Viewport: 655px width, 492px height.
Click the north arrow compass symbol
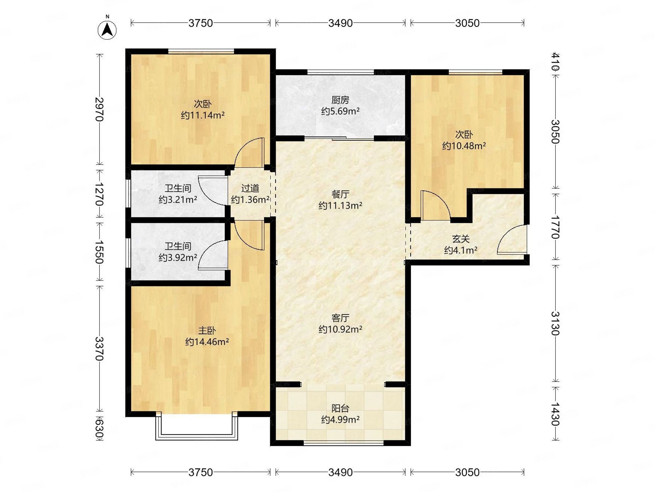pos(107,30)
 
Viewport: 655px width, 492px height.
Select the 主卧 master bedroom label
pos(207,330)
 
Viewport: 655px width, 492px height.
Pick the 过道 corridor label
pos(250,188)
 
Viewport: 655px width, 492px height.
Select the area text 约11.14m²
pos(203,115)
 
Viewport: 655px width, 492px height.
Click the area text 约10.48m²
pos(464,146)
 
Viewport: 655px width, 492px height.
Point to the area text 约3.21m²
pos(178,200)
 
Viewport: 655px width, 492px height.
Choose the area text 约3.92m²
pos(178,257)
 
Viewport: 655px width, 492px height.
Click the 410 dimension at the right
pos(555,61)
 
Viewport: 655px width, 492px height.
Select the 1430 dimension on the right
pos(555,414)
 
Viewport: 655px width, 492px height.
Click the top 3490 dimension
pos(340,23)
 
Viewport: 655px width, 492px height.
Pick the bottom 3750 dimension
pos(201,472)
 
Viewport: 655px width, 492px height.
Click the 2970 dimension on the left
pos(100,109)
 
